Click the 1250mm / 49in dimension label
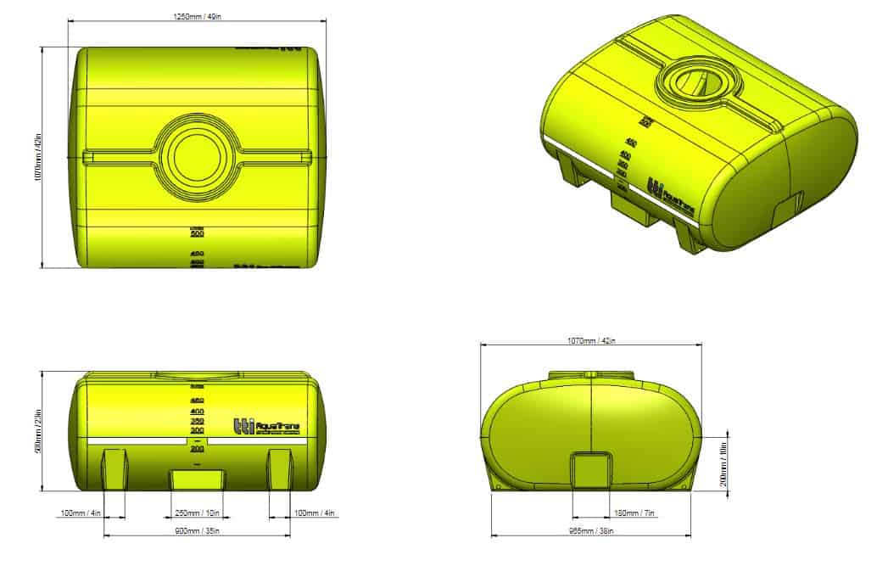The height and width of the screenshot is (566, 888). pyautogui.click(x=197, y=15)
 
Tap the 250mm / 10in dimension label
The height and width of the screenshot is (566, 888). pyautogui.click(x=198, y=513)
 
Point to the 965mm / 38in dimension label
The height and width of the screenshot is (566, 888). pyautogui.click(x=590, y=531)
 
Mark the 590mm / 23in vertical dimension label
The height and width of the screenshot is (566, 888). pyautogui.click(x=37, y=430)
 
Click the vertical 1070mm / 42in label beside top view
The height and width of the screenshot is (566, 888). pyautogui.click(x=37, y=157)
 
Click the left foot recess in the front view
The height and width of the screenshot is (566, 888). pyautogui.click(x=114, y=469)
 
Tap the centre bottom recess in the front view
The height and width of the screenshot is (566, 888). pyautogui.click(x=198, y=479)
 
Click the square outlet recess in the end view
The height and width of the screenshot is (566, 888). pyautogui.click(x=590, y=469)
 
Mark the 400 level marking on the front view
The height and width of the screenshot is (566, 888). pyautogui.click(x=197, y=412)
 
